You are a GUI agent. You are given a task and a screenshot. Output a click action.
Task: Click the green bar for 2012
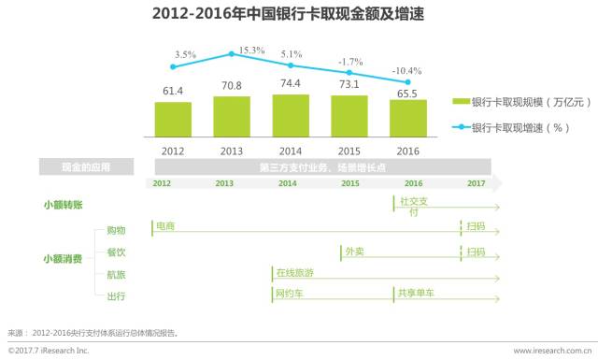173,119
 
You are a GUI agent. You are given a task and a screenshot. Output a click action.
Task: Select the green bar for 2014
291,115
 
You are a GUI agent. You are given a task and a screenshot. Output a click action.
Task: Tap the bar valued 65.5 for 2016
408,118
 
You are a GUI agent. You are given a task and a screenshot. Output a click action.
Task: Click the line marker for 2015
350,72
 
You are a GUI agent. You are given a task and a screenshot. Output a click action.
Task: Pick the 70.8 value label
232,86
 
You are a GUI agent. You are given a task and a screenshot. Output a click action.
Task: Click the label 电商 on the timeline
165,226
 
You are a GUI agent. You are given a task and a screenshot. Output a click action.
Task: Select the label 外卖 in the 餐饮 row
354,252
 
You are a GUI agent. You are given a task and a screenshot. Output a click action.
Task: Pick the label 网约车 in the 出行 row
289,295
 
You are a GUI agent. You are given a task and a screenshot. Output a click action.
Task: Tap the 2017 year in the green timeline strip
477,183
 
